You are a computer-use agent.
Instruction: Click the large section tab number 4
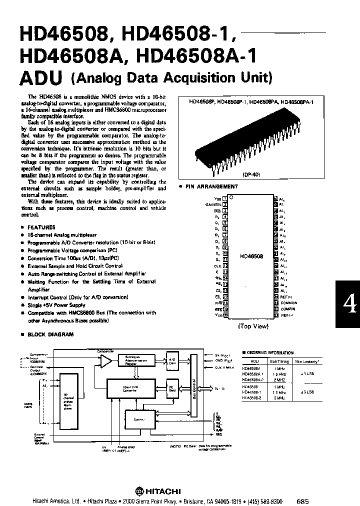[348, 303]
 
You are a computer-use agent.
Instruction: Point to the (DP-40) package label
[253, 175]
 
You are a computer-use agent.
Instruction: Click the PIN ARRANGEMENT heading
[212, 186]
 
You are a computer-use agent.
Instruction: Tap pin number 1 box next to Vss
[225, 198]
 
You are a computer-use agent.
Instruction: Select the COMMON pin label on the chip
[289, 303]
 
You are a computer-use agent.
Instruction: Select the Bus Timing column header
[278, 360]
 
